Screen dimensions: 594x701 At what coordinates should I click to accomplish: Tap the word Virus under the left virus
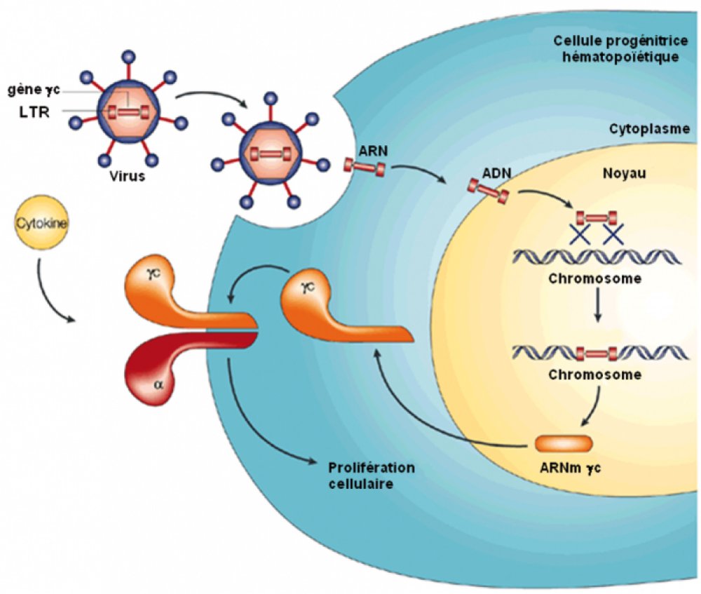(x=127, y=176)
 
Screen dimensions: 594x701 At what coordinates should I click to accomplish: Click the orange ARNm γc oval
(x=564, y=443)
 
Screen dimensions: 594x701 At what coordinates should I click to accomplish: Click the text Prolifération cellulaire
(x=372, y=475)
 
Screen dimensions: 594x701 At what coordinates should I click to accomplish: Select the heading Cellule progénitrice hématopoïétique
(x=615, y=49)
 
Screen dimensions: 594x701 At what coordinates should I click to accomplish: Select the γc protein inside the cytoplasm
(x=329, y=309)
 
